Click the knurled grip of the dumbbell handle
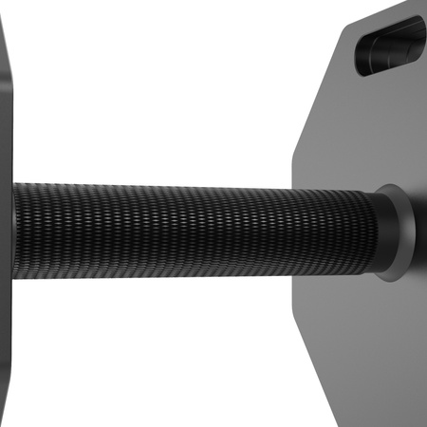pyautogui.click(x=190, y=228)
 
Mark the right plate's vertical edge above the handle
pyautogui.click(x=293, y=161)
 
